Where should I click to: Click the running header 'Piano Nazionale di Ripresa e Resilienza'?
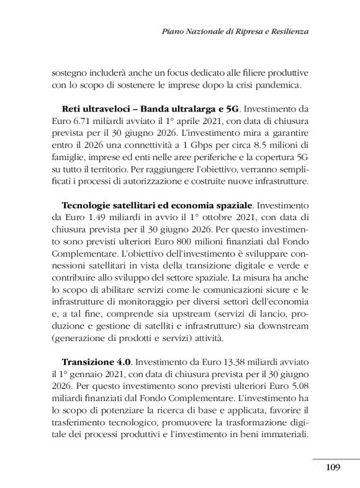235,31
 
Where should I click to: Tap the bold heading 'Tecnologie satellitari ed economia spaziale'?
157,205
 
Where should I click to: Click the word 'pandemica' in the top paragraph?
278,84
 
